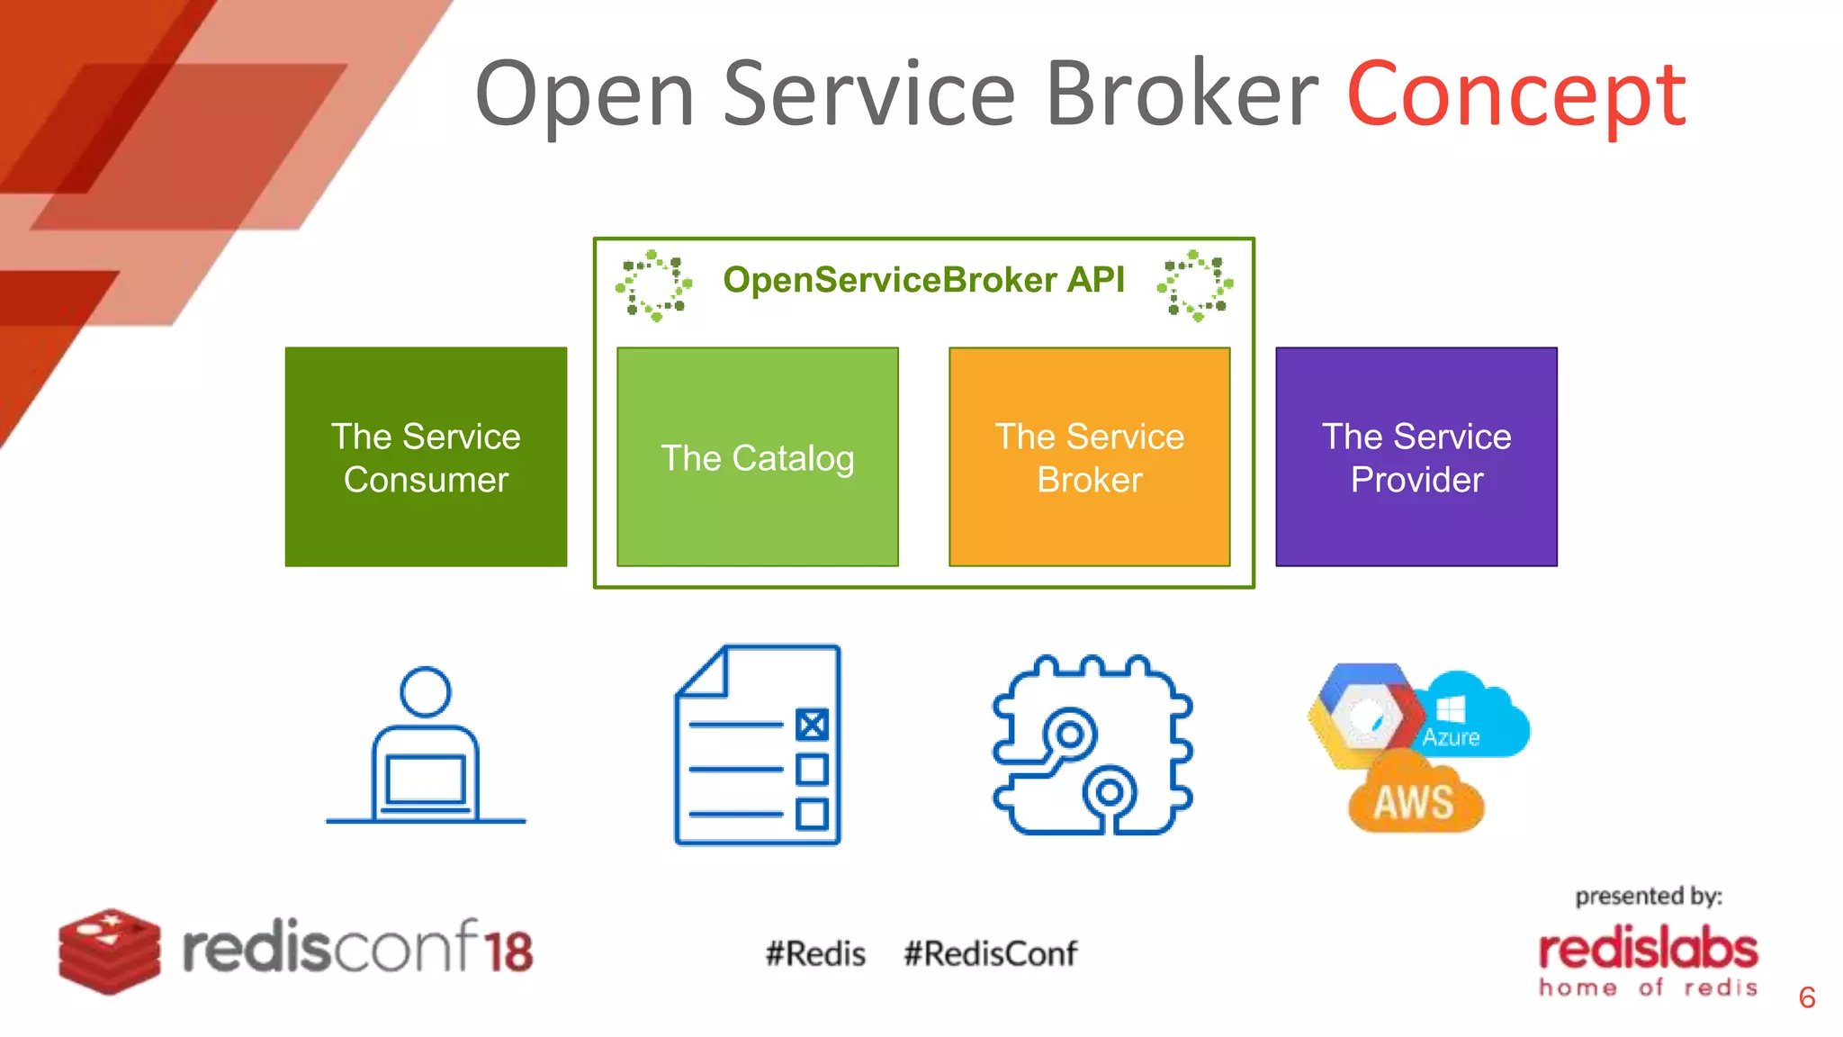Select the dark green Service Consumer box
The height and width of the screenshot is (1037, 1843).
(x=426, y=457)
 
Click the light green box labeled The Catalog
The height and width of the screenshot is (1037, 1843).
(x=757, y=457)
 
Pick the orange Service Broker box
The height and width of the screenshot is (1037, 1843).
(x=1089, y=457)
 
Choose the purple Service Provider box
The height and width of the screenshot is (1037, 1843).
(x=1416, y=457)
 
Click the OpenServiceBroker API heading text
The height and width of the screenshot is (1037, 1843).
(x=923, y=280)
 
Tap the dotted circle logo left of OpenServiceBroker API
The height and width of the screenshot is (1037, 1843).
(x=654, y=285)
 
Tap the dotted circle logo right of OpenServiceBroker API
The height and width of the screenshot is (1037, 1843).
(x=1195, y=285)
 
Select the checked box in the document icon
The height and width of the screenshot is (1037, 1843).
(x=812, y=725)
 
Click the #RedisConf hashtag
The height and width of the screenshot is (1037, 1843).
(x=990, y=953)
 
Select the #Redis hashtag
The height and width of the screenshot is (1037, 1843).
(x=815, y=953)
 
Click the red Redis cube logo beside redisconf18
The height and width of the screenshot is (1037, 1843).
(x=109, y=951)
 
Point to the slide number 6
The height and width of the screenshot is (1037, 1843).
(x=1806, y=997)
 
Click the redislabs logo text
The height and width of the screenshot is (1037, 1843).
(x=1648, y=951)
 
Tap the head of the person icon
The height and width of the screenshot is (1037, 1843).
(x=426, y=691)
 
